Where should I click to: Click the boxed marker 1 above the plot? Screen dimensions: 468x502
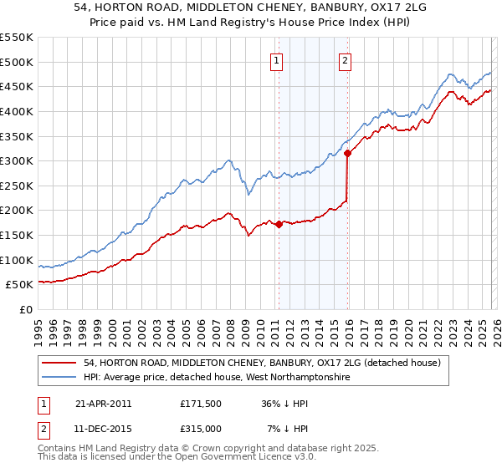click(x=277, y=59)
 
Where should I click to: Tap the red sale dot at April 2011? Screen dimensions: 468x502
click(x=279, y=224)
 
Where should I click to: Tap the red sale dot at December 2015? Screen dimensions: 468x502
click(x=347, y=153)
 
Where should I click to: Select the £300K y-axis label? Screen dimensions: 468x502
click(x=17, y=160)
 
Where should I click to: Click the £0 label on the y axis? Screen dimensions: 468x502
click(x=25, y=309)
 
